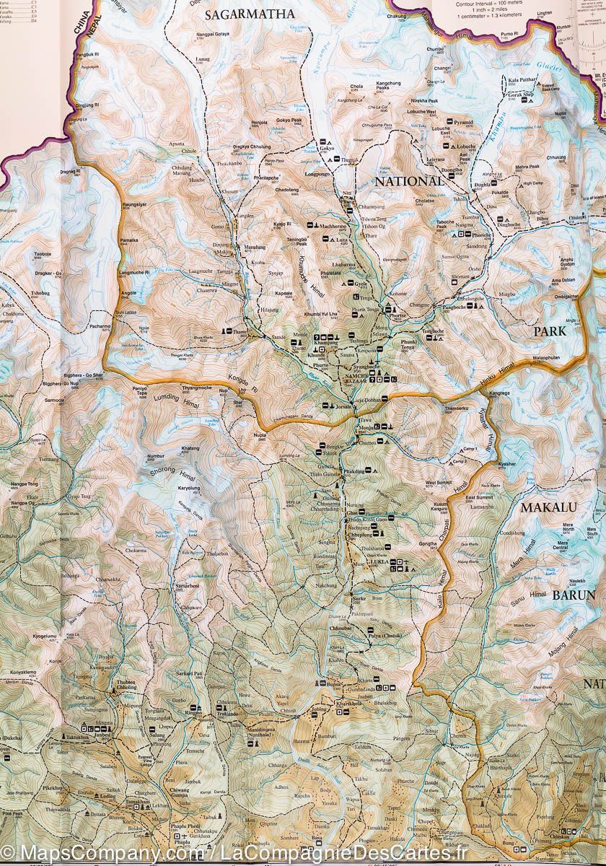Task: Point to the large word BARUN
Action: click(x=574, y=595)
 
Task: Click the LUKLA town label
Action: click(x=378, y=561)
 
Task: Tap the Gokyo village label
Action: click(x=327, y=149)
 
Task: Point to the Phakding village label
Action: click(x=354, y=471)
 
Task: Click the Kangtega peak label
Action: click(x=499, y=393)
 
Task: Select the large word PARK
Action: click(x=551, y=332)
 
